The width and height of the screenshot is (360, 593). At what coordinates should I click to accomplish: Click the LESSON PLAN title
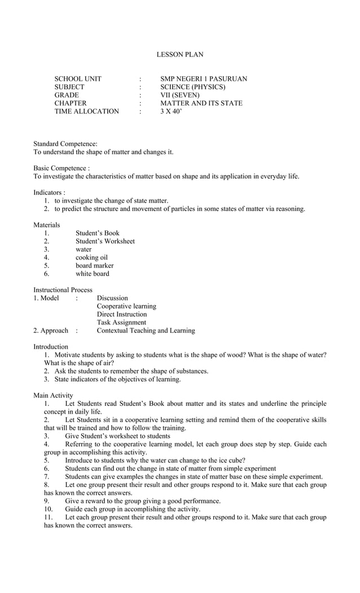point(179,55)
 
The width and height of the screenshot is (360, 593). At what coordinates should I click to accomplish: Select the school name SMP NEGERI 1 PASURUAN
point(203,79)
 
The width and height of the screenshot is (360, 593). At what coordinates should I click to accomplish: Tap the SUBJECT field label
point(69,87)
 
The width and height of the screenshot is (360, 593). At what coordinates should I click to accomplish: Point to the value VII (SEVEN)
point(180,95)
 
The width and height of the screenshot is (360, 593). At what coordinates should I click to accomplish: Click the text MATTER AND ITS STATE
point(201,103)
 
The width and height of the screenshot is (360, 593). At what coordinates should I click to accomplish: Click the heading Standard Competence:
point(65,144)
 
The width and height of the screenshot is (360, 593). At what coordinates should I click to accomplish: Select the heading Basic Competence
point(61,168)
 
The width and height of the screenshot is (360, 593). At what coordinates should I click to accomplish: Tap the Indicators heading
point(49,192)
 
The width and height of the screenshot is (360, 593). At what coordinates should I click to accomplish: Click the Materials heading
point(46,225)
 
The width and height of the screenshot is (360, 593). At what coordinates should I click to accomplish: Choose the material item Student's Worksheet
point(105,241)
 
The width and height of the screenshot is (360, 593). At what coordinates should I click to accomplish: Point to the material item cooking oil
point(91,257)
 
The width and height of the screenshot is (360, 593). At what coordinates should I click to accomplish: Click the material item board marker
point(94,265)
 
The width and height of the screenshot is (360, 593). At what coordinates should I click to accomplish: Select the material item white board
point(93,274)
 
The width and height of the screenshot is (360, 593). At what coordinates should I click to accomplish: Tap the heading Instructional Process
point(63,289)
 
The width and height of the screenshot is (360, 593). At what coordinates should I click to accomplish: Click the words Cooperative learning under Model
point(126,306)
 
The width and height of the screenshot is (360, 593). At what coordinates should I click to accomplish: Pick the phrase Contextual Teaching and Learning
point(146,330)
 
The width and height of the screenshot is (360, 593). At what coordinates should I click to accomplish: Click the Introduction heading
point(51,346)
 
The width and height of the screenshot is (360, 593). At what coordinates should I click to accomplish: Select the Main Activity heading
point(53,396)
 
